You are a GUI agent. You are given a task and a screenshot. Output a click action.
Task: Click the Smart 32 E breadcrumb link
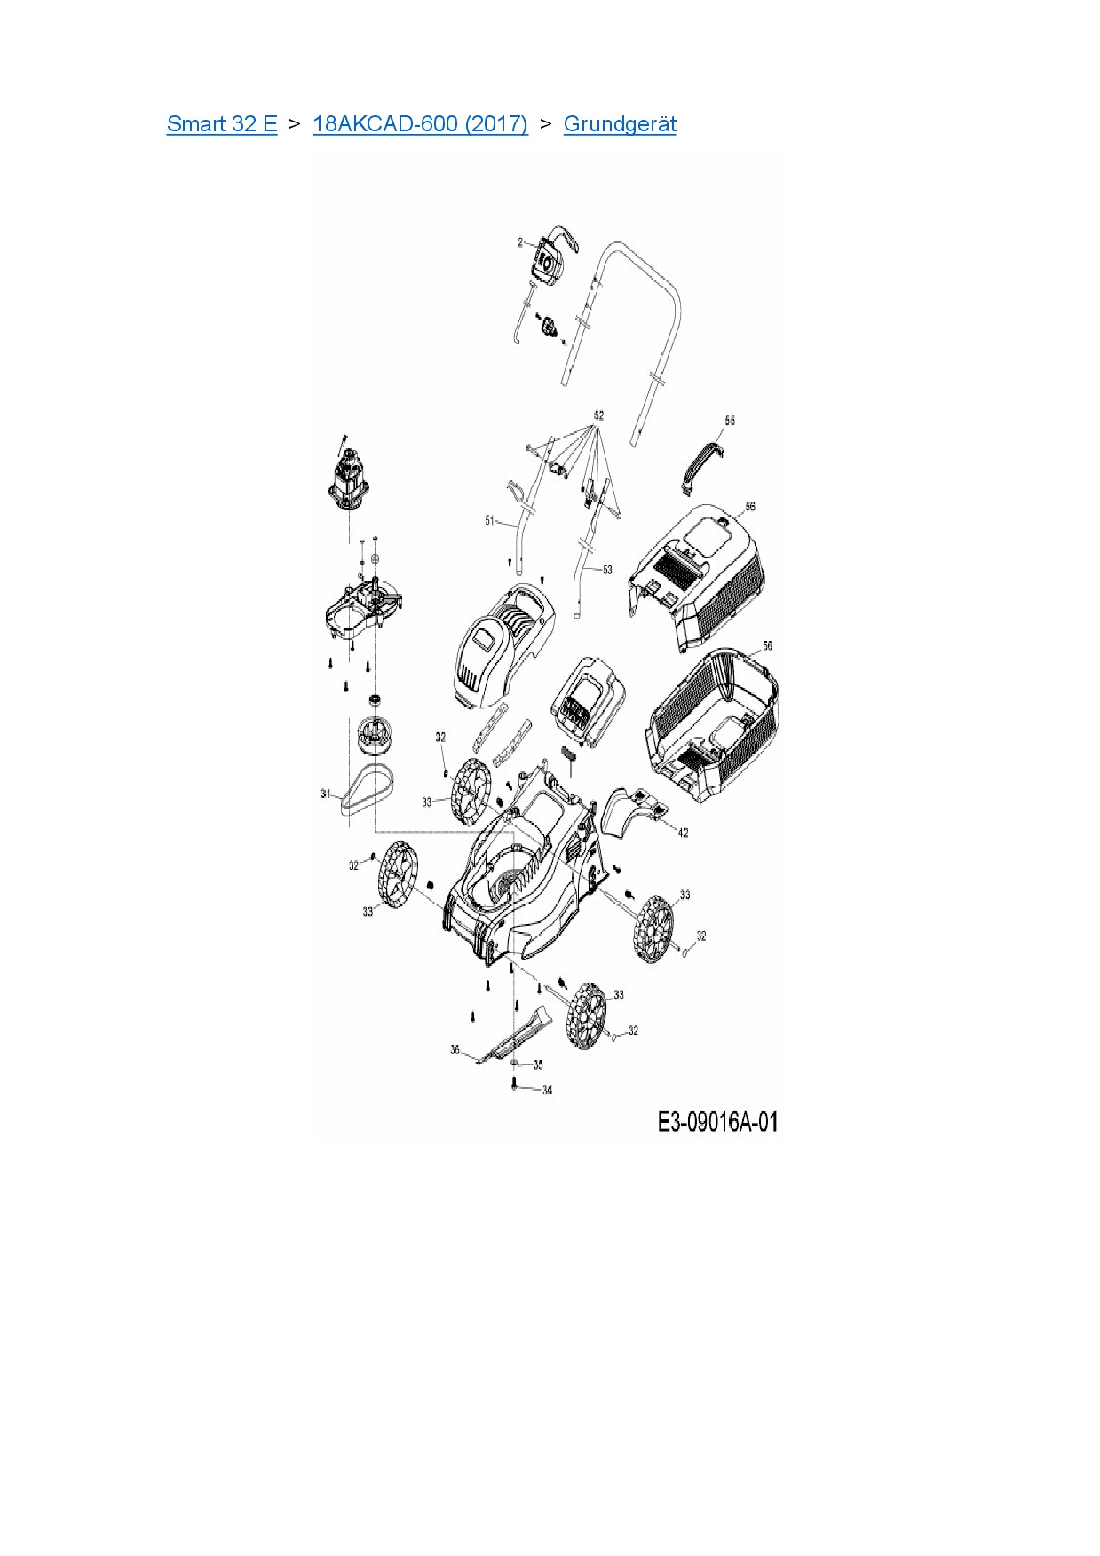[x=222, y=124]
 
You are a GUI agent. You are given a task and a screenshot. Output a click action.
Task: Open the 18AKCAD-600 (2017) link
[x=420, y=124]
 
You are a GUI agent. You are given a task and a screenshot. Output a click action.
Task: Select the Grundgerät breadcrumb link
[x=620, y=124]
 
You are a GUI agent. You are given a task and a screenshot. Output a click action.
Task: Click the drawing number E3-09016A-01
[x=717, y=1122]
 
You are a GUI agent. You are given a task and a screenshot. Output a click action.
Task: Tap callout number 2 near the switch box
[x=521, y=241]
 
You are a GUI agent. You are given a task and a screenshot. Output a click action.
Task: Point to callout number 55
[x=730, y=420]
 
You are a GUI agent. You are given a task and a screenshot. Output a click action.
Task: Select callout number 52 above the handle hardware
[x=598, y=415]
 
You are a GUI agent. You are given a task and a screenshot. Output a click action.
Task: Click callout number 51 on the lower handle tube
[x=489, y=520]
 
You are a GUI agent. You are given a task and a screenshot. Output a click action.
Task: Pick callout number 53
[x=607, y=569]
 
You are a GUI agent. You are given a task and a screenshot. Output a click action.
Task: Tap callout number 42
[x=683, y=833]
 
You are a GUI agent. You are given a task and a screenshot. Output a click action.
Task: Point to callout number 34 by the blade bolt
[x=547, y=1090]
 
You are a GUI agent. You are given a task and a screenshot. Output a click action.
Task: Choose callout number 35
[x=538, y=1064]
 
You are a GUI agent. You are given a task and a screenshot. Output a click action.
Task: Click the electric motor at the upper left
[x=350, y=484]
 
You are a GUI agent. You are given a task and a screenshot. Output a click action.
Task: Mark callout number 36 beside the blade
[x=455, y=1050]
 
